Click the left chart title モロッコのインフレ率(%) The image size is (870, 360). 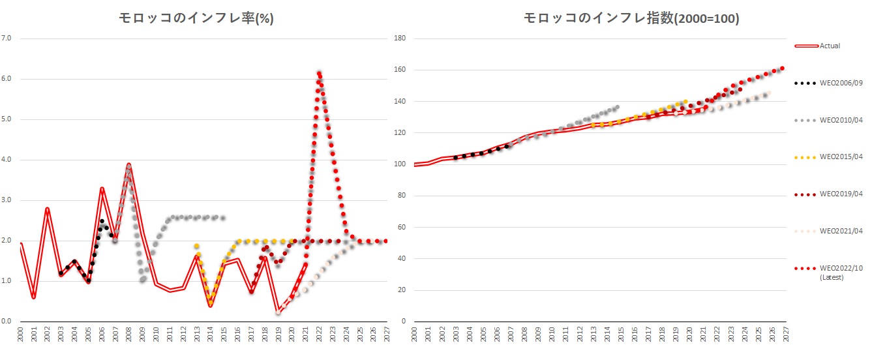click(196, 19)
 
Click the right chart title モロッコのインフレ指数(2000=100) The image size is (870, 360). click(631, 19)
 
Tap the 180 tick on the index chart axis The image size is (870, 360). click(401, 38)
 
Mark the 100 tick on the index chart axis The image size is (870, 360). click(401, 164)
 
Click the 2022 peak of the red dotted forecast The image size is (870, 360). click(319, 73)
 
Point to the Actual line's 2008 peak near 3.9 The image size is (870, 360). click(129, 164)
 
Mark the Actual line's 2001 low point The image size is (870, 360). click(33, 297)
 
